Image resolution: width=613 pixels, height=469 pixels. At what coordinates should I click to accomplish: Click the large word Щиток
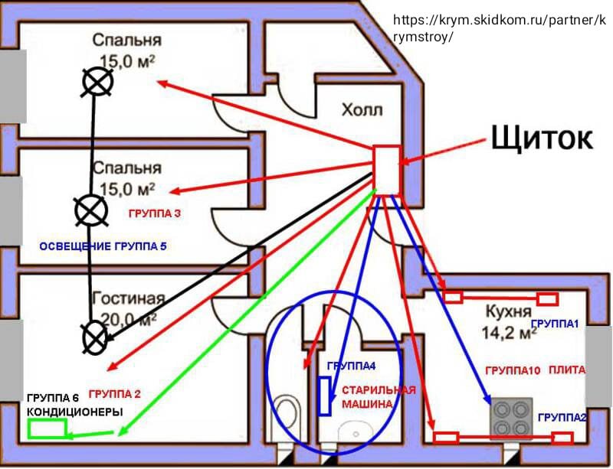tap(542, 138)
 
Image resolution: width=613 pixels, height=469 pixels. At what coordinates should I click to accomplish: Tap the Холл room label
tap(362, 109)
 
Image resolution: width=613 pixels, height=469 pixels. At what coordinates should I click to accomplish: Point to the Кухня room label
tap(509, 311)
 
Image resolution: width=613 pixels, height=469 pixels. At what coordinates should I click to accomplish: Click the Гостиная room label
tap(129, 298)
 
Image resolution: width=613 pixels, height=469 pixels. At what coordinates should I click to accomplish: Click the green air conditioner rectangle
tap(48, 428)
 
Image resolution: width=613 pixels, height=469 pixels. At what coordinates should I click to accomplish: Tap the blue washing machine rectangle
tap(324, 396)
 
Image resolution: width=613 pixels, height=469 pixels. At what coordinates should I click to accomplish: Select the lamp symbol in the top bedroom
tap(98, 82)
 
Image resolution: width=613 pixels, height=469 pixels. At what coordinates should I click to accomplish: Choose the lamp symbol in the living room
tap(95, 337)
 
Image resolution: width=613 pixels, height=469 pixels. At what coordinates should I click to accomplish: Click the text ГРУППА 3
tap(155, 213)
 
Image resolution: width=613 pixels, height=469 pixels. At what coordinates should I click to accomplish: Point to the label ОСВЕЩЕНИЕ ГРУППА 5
tap(103, 246)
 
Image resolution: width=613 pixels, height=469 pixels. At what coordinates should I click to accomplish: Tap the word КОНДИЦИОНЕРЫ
tap(74, 412)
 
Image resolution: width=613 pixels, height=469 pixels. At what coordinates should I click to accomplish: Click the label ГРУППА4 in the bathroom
tap(351, 366)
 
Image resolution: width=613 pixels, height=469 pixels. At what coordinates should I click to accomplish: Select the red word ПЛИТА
tap(567, 370)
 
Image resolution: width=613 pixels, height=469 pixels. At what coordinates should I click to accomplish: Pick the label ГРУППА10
tap(513, 370)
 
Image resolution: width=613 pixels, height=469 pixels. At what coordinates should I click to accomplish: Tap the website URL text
tap(500, 28)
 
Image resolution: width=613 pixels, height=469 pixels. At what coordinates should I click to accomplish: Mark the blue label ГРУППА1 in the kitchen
tap(555, 324)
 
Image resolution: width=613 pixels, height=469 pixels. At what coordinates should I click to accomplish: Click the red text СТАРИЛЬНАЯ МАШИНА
tap(379, 397)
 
